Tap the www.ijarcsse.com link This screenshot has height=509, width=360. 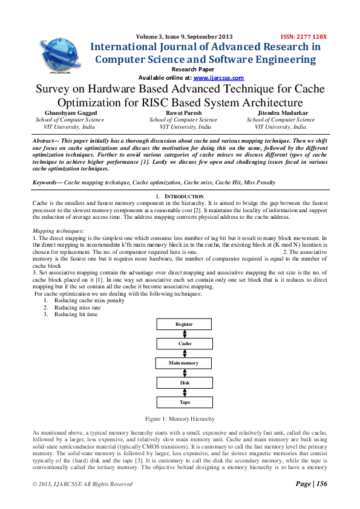tap(218, 78)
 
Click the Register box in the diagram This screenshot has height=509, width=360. tap(185, 324)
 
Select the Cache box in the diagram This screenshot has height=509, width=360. tap(185, 343)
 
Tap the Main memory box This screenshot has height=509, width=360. tap(185, 363)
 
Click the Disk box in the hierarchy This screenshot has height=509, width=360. tap(185, 382)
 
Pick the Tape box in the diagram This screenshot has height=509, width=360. tap(185, 401)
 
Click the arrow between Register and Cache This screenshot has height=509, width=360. tap(185, 334)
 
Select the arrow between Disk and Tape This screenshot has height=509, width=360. tap(185, 392)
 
